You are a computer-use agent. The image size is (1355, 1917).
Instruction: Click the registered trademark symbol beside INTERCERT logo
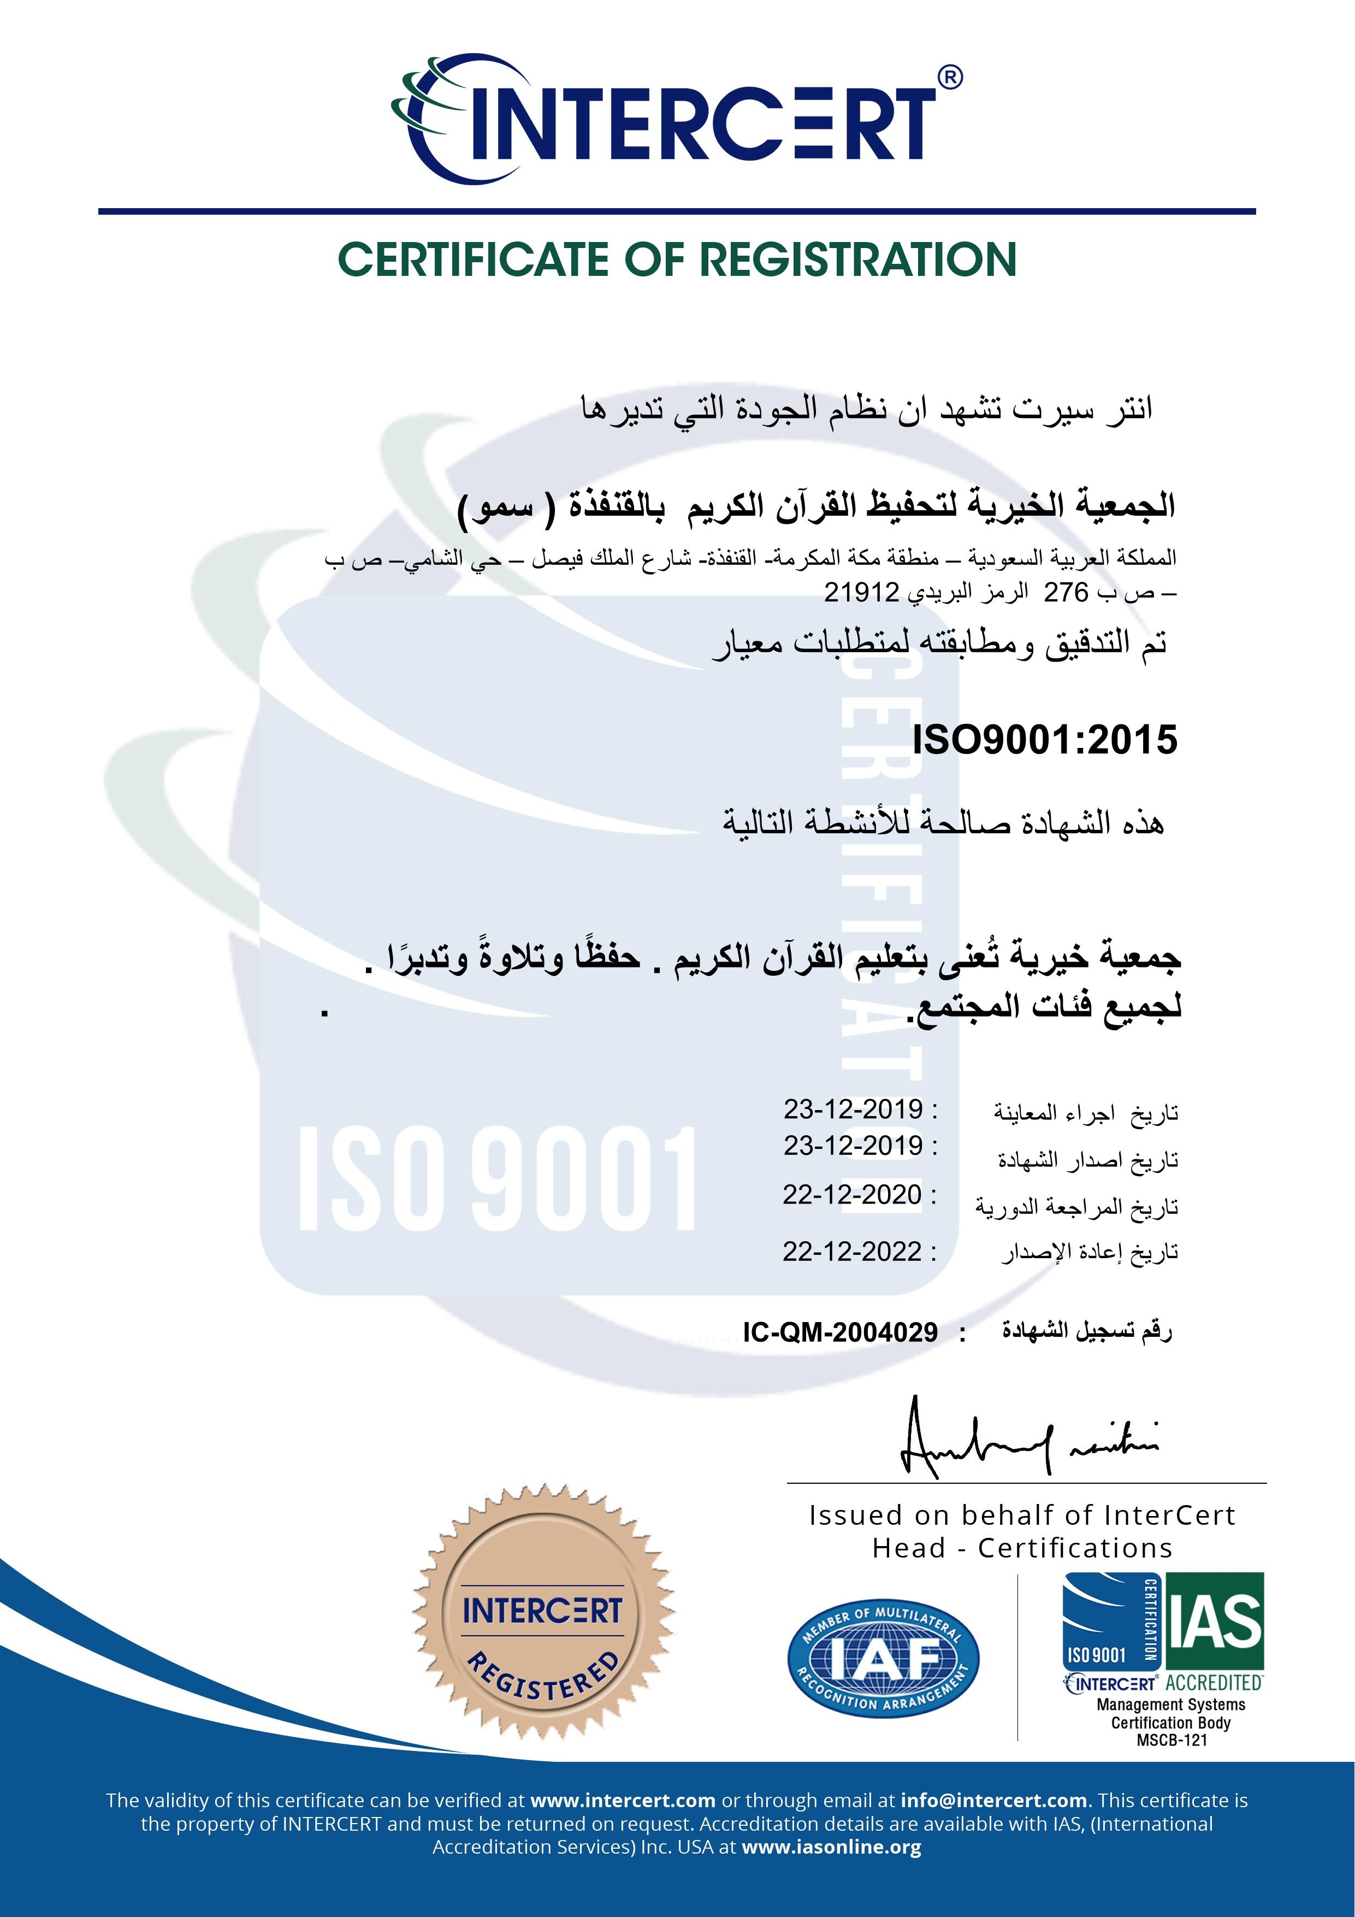click(950, 78)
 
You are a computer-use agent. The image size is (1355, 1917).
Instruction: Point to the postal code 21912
click(861, 592)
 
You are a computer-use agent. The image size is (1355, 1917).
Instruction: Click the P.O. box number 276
click(1066, 592)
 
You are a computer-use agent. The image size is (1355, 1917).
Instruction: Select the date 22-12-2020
click(851, 1195)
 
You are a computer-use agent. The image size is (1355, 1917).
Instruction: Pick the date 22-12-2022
click(851, 1252)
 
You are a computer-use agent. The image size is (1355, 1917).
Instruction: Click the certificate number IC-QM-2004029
click(840, 1332)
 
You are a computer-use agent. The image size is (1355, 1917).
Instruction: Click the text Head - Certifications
click(1022, 1549)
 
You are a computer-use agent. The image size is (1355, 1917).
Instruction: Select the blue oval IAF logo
click(883, 1658)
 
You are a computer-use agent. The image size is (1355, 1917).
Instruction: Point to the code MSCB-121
click(1171, 1740)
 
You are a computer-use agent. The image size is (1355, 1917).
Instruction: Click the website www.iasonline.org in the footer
click(831, 1847)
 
